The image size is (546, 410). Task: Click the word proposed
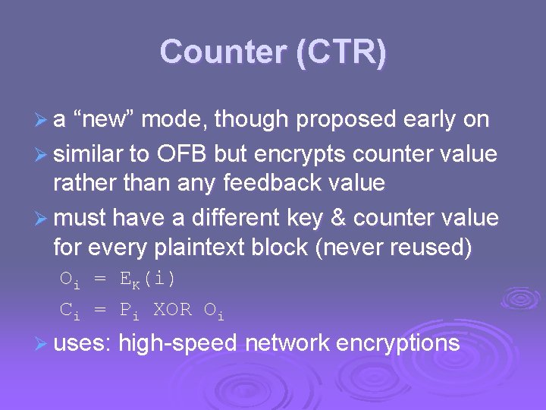coord(346,119)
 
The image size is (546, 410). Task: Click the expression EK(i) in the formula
coord(148,279)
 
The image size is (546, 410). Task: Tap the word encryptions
coord(397,343)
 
